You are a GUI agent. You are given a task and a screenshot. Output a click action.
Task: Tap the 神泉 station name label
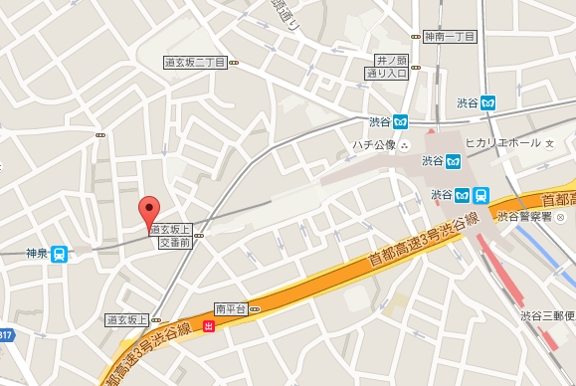[x=36, y=254]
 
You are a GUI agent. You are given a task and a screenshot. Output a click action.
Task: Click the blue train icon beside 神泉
[x=60, y=254]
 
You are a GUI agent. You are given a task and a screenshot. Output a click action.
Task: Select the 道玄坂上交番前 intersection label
[x=172, y=236]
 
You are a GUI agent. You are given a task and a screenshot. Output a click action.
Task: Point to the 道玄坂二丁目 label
[x=195, y=62]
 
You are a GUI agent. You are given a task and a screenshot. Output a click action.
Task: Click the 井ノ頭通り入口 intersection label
[x=387, y=67]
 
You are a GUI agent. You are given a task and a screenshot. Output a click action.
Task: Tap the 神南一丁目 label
[x=449, y=36]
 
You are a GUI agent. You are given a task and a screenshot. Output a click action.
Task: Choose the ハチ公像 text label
[x=373, y=144]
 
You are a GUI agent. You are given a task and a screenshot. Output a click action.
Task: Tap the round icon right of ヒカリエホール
[x=549, y=143]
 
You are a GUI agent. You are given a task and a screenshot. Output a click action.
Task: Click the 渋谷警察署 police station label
[x=524, y=217]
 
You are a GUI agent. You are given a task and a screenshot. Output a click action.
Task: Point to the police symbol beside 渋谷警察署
[x=559, y=217]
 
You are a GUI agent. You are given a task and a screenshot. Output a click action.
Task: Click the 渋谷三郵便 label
[x=547, y=315]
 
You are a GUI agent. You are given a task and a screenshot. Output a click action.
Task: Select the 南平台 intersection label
[x=229, y=309]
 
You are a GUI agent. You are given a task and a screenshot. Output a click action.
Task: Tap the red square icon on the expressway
[x=207, y=325]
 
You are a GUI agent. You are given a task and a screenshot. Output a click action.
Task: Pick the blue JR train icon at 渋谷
[x=480, y=194]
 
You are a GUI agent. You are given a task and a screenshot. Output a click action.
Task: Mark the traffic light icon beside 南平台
[x=255, y=309]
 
